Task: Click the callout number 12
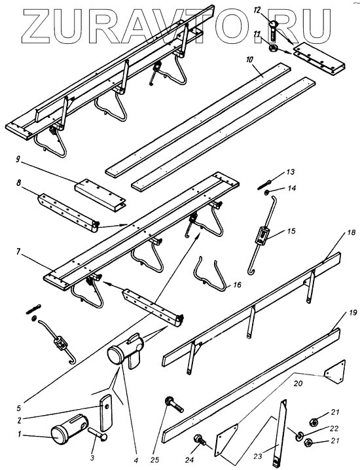pyautogui.click(x=257, y=10)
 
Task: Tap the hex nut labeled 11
pyautogui.click(x=273, y=48)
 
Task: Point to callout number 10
pyautogui.click(x=249, y=59)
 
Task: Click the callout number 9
pyautogui.click(x=18, y=159)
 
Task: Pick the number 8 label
pyautogui.click(x=19, y=183)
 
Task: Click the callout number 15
pyautogui.click(x=291, y=231)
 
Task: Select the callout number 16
pyautogui.click(x=237, y=285)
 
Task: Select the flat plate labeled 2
pyautogui.click(x=105, y=412)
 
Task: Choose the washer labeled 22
pyautogui.click(x=298, y=436)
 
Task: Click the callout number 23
pyautogui.click(x=258, y=456)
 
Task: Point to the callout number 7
pyautogui.click(x=18, y=252)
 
